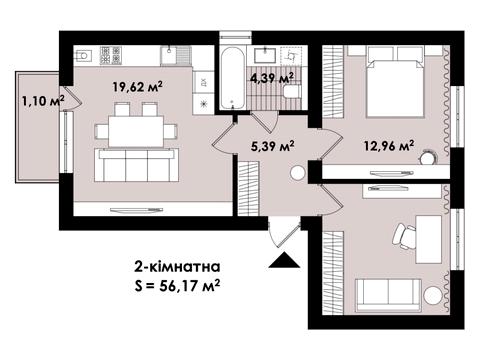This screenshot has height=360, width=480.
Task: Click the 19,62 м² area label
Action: point(137,87)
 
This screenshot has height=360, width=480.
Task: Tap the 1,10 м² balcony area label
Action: point(43,100)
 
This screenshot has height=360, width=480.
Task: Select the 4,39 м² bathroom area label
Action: point(272,78)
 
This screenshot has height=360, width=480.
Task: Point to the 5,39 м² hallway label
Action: point(272,146)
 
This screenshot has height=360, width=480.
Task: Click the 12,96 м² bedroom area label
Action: point(389,146)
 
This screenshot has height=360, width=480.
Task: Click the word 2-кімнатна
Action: point(177,267)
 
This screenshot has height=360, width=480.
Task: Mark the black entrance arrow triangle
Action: point(284,260)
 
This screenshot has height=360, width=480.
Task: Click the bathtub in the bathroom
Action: point(232,78)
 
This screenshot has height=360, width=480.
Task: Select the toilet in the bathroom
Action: point(291,91)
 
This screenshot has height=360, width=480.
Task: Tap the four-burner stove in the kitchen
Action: point(111,55)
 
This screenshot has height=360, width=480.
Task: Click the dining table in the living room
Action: point(136,131)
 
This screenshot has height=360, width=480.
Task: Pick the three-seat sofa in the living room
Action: point(136,165)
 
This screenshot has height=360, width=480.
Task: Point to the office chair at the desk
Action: point(404,236)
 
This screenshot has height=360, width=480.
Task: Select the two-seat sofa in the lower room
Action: point(388,296)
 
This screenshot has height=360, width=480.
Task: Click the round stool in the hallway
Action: point(297,173)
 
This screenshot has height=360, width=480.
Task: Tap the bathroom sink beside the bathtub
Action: point(265,55)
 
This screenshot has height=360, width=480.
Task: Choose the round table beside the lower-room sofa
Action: point(432,295)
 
